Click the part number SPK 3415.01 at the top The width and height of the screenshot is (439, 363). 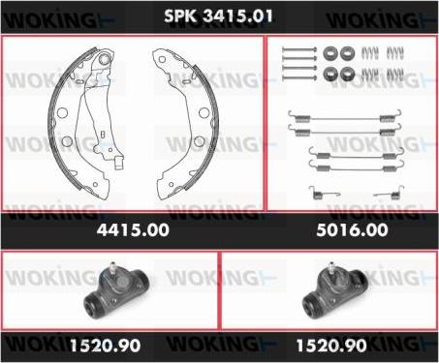point(218,15)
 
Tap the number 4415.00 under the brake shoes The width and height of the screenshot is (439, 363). point(133,230)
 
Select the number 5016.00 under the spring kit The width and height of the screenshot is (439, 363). point(352,230)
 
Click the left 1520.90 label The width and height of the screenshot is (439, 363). point(105,346)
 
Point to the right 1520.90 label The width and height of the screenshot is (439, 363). point(331,346)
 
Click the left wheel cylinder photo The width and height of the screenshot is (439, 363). point(116,290)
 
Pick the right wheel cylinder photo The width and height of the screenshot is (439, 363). point(334,290)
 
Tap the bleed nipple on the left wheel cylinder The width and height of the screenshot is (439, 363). point(112,267)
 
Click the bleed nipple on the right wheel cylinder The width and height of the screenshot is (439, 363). point(330,267)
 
